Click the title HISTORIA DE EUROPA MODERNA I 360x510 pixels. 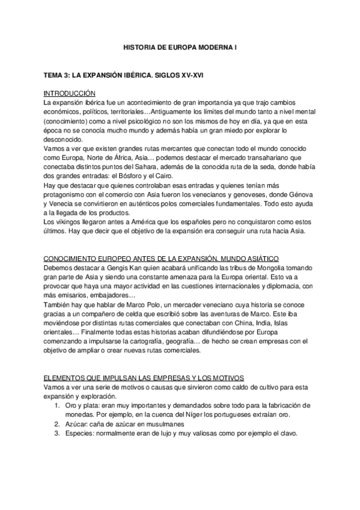(180, 46)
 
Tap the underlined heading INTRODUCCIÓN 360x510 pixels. (69, 93)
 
